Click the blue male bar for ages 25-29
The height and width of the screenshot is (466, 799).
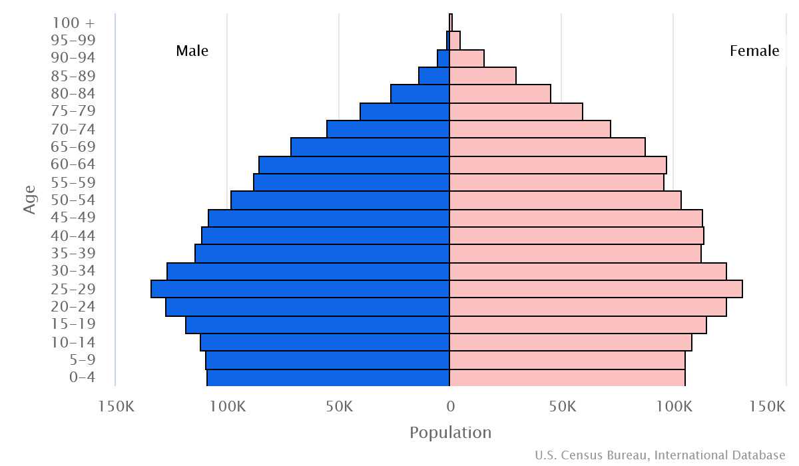(x=300, y=289)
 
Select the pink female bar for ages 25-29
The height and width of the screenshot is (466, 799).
(x=596, y=289)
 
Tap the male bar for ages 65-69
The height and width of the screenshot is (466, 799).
(x=370, y=146)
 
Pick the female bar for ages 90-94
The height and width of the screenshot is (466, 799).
(x=467, y=58)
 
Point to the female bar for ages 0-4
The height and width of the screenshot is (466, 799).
(x=567, y=377)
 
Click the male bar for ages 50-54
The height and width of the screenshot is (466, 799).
(x=340, y=200)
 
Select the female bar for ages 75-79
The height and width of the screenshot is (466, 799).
(x=516, y=111)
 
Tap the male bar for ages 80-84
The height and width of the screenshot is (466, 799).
(x=420, y=93)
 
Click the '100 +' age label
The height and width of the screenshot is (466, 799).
(x=73, y=23)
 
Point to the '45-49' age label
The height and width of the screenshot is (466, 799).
(x=73, y=218)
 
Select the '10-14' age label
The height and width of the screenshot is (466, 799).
(x=73, y=342)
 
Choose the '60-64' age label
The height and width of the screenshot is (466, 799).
(x=73, y=164)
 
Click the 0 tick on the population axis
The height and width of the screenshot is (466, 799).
(x=450, y=406)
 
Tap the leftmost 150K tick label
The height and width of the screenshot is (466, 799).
(x=117, y=406)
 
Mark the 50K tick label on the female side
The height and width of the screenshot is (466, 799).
(x=563, y=406)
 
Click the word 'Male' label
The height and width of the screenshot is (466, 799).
(x=192, y=51)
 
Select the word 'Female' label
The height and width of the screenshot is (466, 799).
(x=754, y=51)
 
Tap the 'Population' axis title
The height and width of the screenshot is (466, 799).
(x=450, y=433)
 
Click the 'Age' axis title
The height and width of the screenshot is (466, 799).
(x=30, y=200)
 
